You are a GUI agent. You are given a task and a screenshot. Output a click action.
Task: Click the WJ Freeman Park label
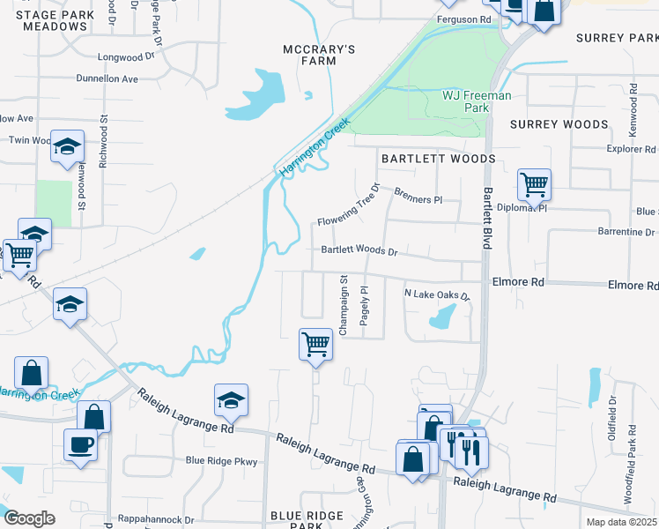point(477,101)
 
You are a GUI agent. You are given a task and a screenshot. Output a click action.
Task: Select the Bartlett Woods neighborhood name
point(437,158)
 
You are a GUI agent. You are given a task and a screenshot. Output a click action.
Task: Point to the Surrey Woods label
point(559,124)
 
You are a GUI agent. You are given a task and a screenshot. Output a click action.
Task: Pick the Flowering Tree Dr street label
point(350,204)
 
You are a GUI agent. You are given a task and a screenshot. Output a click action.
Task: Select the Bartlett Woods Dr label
point(359,250)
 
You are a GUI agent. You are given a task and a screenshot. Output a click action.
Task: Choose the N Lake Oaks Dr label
point(438,294)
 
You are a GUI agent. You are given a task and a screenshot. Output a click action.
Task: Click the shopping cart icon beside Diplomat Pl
point(534,185)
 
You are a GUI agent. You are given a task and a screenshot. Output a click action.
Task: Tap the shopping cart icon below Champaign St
point(315,344)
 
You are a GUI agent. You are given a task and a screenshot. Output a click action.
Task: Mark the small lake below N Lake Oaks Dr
point(443,317)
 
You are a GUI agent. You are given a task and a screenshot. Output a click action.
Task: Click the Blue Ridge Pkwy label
point(221,460)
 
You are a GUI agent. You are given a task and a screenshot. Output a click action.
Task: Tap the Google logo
point(28,518)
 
